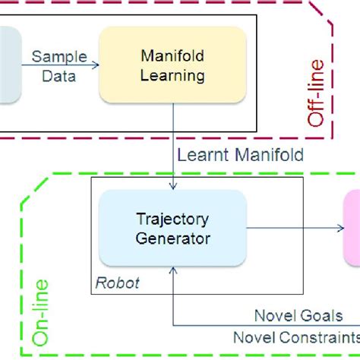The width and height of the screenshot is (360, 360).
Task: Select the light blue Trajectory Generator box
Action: (172, 227)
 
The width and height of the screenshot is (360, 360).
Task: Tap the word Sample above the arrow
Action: (58, 56)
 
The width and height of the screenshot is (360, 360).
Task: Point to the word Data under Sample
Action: (58, 75)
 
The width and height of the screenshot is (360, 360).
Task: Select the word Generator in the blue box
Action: (172, 237)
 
